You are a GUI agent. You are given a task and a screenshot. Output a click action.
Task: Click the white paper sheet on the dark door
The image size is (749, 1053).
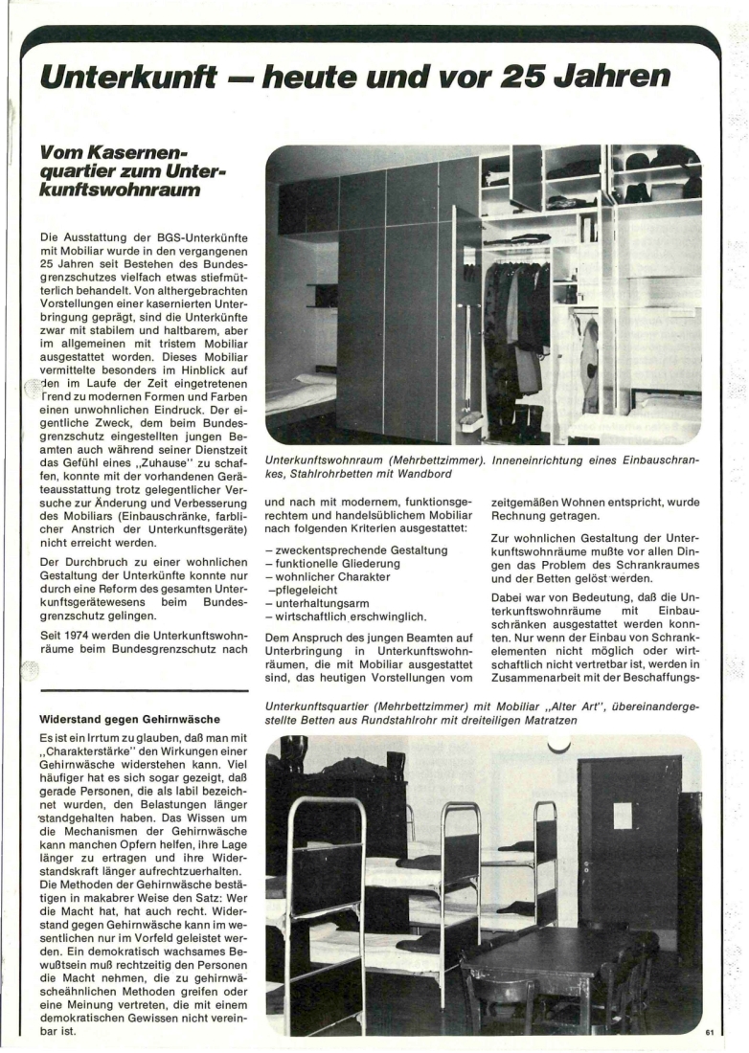click(x=623, y=816)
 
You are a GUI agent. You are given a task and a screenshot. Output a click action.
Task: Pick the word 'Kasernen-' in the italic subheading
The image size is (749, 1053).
click(x=116, y=154)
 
